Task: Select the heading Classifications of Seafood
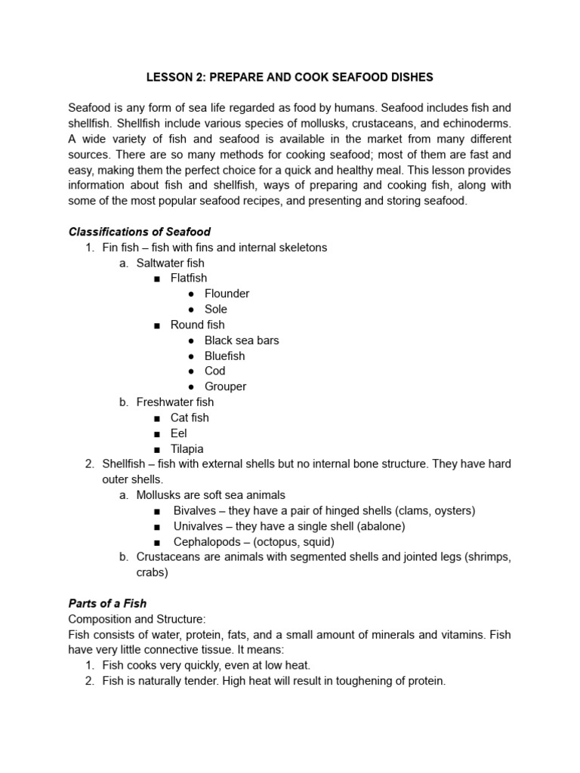pos(140,232)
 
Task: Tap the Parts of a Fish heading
pos(107,603)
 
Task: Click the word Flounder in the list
pos(227,294)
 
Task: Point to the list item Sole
pos(215,309)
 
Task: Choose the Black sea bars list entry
pos(242,340)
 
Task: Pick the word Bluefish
pos(224,356)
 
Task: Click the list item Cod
pos(214,371)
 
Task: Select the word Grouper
pos(225,386)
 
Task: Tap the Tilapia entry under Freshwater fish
pos(187,448)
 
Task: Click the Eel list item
pos(178,433)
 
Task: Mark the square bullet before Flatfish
pos(157,279)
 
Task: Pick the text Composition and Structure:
pos(137,619)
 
